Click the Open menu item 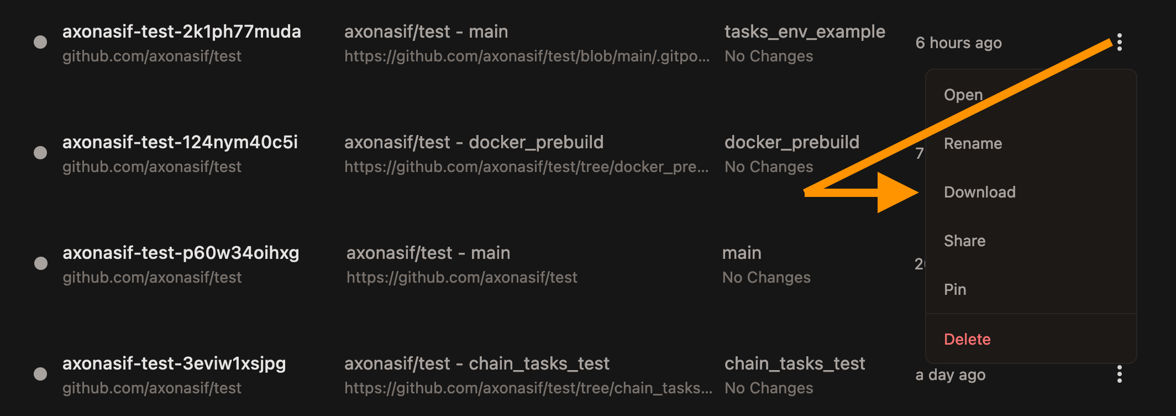point(963,95)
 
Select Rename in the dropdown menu point(973,144)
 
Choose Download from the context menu point(979,193)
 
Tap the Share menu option point(964,241)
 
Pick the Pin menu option point(955,290)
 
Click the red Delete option point(967,340)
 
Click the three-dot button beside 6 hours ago point(1119,43)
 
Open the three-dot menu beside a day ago point(1119,375)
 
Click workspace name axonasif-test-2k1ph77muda point(181,32)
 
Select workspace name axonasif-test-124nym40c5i point(180,143)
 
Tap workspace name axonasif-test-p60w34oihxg point(181,253)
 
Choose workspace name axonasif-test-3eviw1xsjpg point(174,364)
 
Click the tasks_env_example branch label point(805,32)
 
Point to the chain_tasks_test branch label point(795,364)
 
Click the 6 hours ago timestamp point(958,43)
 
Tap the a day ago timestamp point(950,375)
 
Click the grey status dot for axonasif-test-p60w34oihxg point(41,263)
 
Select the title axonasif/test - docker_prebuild point(474,143)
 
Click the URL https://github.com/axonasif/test point(461,278)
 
